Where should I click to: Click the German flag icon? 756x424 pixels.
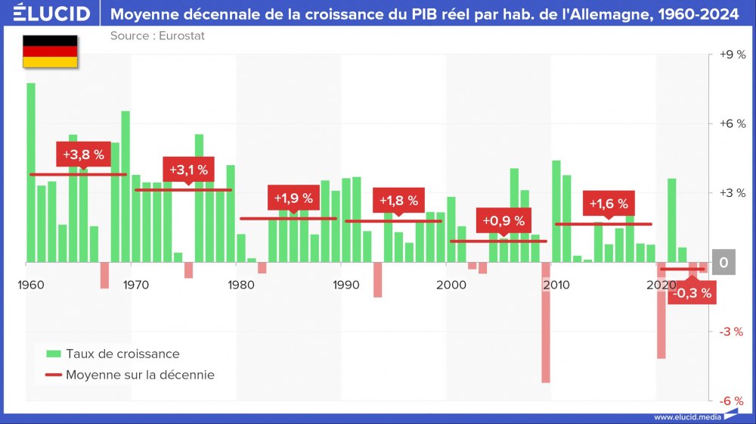coord(50,52)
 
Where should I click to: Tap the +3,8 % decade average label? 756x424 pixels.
coord(83,155)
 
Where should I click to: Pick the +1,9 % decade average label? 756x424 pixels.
coord(293,198)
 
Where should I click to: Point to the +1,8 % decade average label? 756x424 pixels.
coord(398,201)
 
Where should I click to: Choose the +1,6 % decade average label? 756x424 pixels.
coord(609,204)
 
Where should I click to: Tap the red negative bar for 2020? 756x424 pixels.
coord(661,310)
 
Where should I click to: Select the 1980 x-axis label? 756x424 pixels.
coord(240,285)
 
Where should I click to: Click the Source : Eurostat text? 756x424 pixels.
coord(157,36)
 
